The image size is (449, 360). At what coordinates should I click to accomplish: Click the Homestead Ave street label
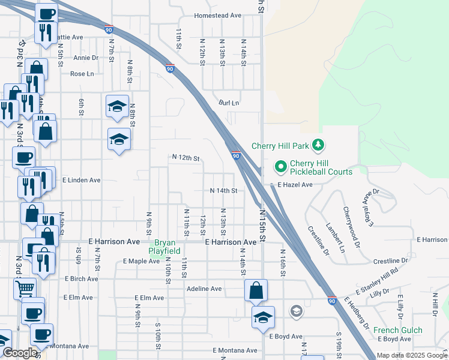point(217,16)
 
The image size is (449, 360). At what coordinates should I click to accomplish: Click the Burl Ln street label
point(229,103)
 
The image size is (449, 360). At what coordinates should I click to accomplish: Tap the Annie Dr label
point(86,58)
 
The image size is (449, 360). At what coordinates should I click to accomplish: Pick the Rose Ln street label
point(82,74)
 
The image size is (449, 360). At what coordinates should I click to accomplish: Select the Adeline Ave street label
point(204,289)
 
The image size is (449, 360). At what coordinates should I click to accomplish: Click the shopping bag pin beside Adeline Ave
point(256,291)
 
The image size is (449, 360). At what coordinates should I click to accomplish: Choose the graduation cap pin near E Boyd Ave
point(262,317)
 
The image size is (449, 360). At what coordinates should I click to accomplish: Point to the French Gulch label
point(397,330)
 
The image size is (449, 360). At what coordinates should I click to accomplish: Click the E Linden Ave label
point(81,179)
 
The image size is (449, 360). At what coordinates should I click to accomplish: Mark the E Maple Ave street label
point(141,261)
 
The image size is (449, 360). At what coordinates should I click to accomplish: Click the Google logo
point(19,353)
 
